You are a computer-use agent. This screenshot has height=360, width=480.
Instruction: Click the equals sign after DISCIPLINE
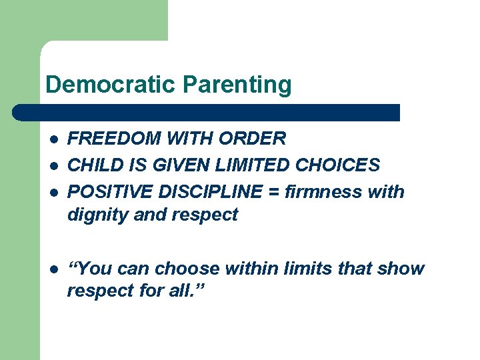(x=273, y=193)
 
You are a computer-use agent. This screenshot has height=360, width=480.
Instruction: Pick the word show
(x=401, y=269)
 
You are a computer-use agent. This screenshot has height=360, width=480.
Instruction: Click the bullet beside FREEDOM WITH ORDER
(x=53, y=139)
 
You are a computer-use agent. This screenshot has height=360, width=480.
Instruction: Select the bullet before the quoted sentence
(x=53, y=269)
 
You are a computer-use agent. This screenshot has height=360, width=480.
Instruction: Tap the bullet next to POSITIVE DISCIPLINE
(x=53, y=193)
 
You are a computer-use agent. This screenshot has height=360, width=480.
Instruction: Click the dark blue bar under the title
(x=207, y=112)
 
